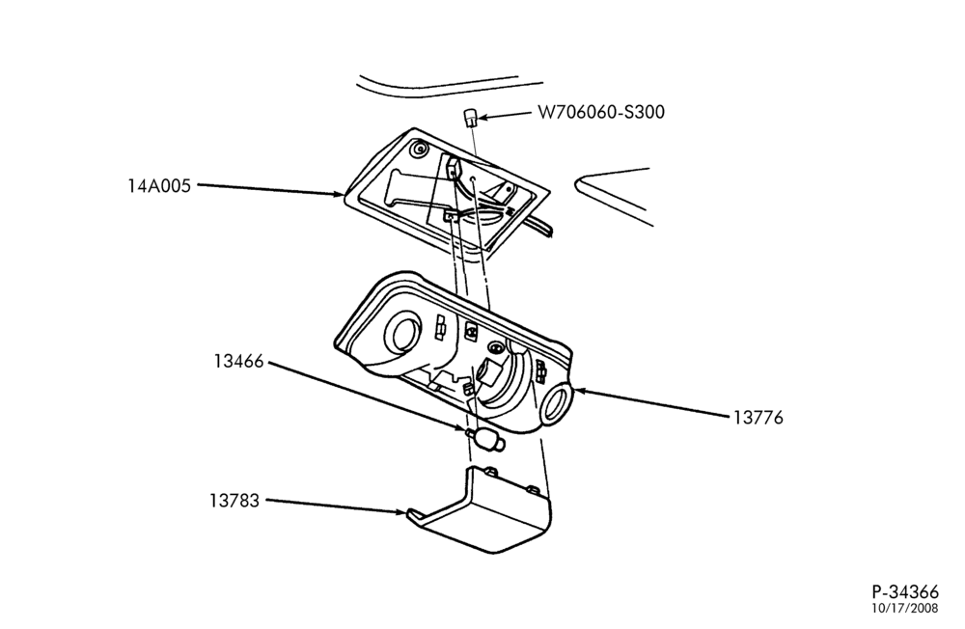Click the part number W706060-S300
pos(601,112)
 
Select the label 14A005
pos(159,185)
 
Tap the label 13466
pos(238,361)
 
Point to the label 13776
pos(758,418)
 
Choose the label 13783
pos(234,501)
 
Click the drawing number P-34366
pos(905,592)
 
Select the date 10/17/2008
pos(905,609)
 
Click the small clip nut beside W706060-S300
pos(470,117)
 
